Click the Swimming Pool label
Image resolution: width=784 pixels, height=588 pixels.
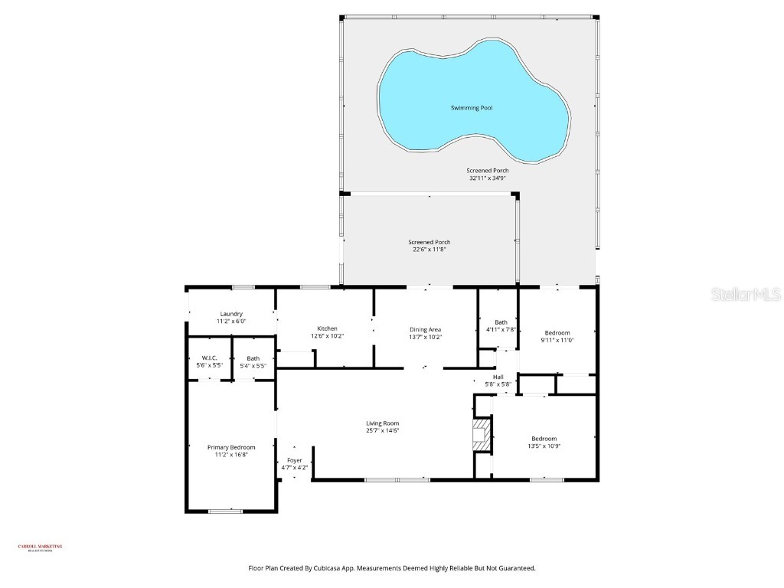pyautogui.click(x=471, y=108)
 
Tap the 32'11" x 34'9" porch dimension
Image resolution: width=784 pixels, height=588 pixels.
pyautogui.click(x=488, y=178)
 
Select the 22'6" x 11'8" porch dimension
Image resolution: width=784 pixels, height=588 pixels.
pyautogui.click(x=429, y=250)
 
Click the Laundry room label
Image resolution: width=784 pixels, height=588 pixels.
pyautogui.click(x=231, y=313)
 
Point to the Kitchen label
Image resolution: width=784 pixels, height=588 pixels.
pyautogui.click(x=328, y=328)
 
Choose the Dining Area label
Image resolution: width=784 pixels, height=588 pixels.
pyautogui.click(x=425, y=329)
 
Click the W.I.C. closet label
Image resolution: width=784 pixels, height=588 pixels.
pyautogui.click(x=210, y=358)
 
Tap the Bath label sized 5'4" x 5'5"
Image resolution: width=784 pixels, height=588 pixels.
pyautogui.click(x=253, y=358)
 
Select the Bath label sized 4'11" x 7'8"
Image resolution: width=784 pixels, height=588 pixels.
pyautogui.click(x=501, y=322)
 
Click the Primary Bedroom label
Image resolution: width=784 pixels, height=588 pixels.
pyautogui.click(x=231, y=447)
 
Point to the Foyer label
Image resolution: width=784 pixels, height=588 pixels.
pyautogui.click(x=295, y=460)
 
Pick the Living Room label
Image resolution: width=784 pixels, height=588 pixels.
pyautogui.click(x=382, y=423)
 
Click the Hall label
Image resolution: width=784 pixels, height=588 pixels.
pyautogui.click(x=498, y=377)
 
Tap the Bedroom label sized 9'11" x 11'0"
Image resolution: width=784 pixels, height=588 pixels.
pyautogui.click(x=557, y=332)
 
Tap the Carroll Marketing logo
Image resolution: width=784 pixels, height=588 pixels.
pyautogui.click(x=40, y=547)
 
